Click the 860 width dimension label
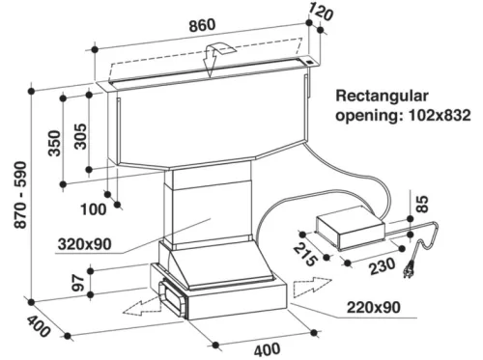point(202,25)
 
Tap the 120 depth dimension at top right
point(320,12)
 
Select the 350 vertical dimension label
point(54,143)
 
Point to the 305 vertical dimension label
point(80,136)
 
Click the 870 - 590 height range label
point(20,195)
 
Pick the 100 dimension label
point(93,209)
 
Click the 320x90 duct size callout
point(85,244)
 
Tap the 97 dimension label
point(78,283)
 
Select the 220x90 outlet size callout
point(374,308)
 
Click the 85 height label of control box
point(423,204)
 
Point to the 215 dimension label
point(305,255)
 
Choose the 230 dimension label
point(383,265)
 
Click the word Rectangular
point(383,97)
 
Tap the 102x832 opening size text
point(440,115)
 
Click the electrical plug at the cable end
point(409,269)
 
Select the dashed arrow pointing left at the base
point(142,306)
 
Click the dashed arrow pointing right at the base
point(312,287)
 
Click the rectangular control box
point(351,228)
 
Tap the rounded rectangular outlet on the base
point(172,297)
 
